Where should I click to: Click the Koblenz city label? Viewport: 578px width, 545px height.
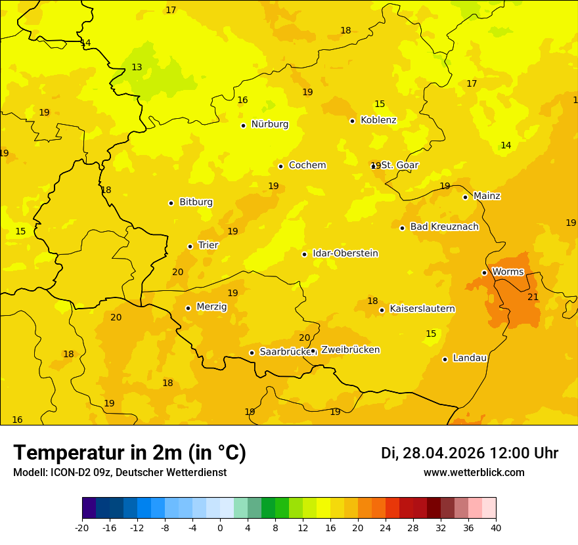[378, 120]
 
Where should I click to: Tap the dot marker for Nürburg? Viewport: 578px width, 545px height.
[243, 125]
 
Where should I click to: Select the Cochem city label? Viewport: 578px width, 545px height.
[307, 165]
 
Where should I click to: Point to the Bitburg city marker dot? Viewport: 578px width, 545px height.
[171, 203]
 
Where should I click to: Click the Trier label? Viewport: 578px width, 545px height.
[208, 246]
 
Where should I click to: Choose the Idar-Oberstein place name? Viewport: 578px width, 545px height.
[345, 253]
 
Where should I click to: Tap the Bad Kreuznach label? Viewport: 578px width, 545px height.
[444, 227]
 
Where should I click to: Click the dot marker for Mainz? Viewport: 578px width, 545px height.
[465, 197]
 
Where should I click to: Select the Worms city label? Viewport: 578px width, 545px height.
[508, 272]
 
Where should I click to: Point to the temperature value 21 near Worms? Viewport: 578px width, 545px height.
[533, 297]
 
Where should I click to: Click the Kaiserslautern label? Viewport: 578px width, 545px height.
[422, 309]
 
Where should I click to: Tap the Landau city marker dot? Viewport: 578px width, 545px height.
[445, 359]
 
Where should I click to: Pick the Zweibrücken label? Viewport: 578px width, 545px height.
[350, 350]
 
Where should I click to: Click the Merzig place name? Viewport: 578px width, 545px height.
[211, 307]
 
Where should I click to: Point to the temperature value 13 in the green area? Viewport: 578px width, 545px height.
[137, 68]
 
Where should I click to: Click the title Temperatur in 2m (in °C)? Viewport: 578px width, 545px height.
[129, 453]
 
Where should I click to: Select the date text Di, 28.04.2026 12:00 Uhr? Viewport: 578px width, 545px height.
[469, 453]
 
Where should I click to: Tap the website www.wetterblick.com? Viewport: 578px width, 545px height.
[474, 473]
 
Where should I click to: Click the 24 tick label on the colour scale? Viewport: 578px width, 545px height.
[386, 528]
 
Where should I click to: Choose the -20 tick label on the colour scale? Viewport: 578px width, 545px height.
[82, 528]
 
